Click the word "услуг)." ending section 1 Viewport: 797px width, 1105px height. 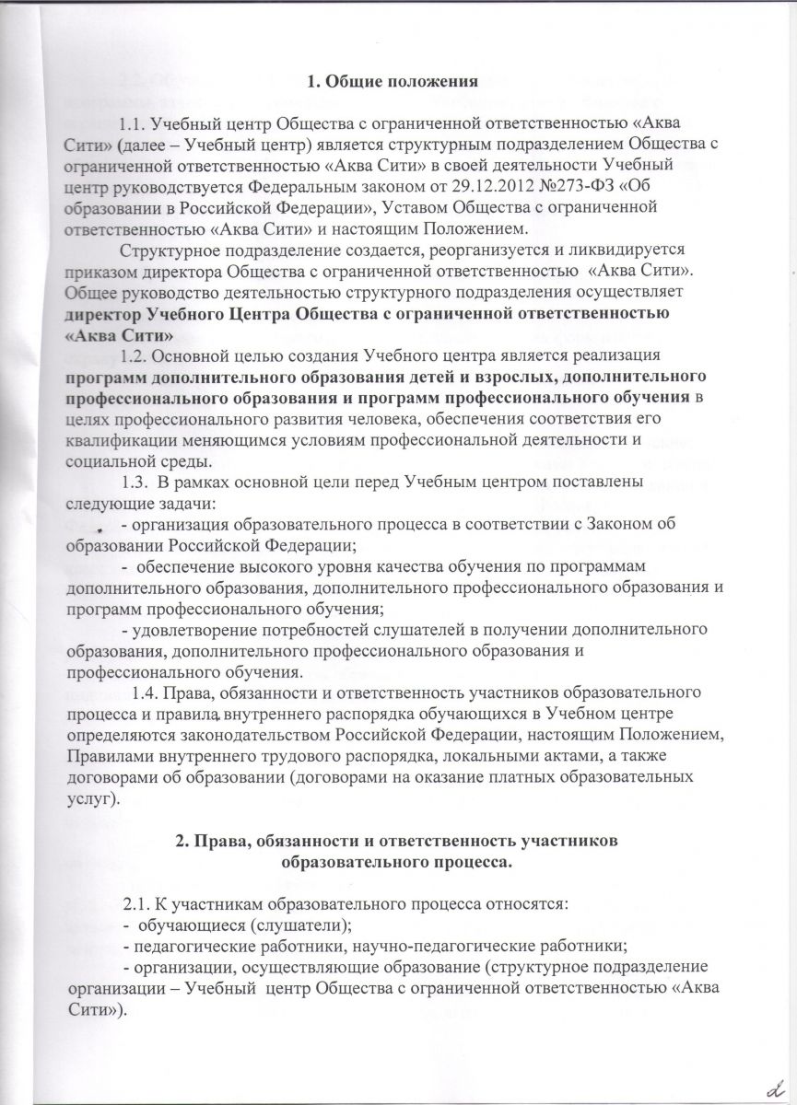point(93,798)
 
